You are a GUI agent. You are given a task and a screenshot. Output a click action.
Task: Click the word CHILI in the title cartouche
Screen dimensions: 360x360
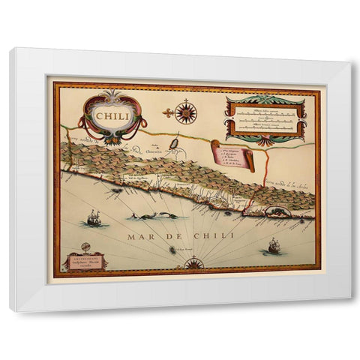tap(110, 115)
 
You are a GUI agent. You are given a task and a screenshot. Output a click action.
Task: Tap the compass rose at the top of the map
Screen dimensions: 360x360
tap(184, 112)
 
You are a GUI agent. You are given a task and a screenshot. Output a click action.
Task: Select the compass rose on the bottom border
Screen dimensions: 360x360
tap(193, 262)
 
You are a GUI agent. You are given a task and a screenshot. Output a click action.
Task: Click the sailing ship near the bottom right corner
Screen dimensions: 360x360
tap(273, 245)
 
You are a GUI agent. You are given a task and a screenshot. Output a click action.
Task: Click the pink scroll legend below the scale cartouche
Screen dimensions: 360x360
tap(233, 154)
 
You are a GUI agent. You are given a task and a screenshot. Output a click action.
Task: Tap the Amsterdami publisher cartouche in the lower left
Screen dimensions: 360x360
tap(84, 261)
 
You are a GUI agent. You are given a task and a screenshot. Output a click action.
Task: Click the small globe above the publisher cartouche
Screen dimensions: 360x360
tap(85, 246)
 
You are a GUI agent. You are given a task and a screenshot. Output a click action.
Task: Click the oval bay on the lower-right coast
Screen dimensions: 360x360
tap(277, 212)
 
